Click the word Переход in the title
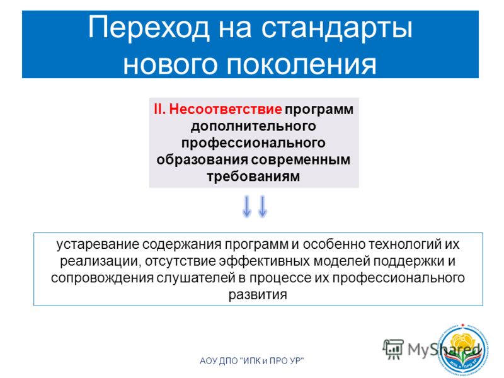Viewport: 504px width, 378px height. pyautogui.click(x=149, y=28)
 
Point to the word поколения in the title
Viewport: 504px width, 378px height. pyautogui.click(x=302, y=64)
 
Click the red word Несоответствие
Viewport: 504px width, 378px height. pyautogui.click(x=226, y=109)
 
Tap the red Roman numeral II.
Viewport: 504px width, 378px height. pyautogui.click(x=160, y=109)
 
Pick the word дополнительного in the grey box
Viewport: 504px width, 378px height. pyautogui.click(x=254, y=127)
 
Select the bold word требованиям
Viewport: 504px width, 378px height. pyautogui.click(x=254, y=176)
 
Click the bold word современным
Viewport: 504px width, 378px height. pyautogui.click(x=301, y=160)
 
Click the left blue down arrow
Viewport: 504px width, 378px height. pyautogui.click(x=246, y=206)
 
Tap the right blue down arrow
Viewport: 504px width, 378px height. pyautogui.click(x=263, y=206)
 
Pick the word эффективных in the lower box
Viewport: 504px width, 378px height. pyautogui.click(x=265, y=261)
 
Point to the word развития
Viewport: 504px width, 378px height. pyautogui.click(x=258, y=295)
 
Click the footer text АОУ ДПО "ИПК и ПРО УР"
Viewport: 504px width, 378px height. pyautogui.click(x=251, y=361)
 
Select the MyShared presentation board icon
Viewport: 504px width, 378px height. pyautogui.click(x=393, y=349)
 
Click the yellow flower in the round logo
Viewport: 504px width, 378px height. pyautogui.click(x=462, y=342)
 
